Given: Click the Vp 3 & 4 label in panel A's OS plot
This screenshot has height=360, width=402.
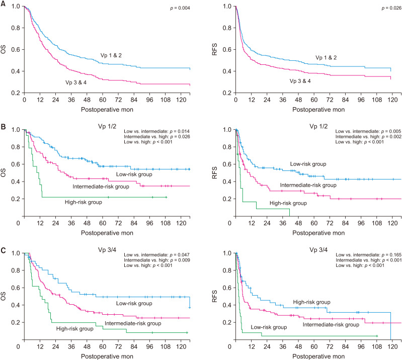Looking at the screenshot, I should pos(77,82).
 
